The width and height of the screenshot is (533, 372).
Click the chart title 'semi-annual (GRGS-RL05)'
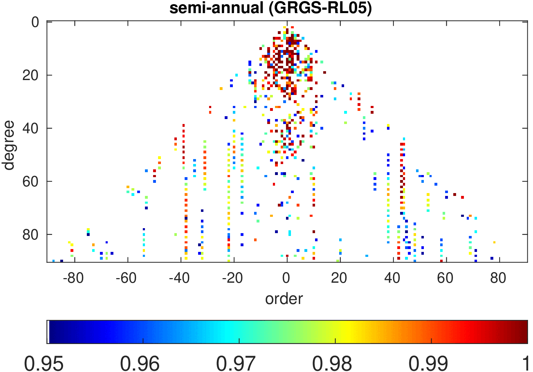(270, 8)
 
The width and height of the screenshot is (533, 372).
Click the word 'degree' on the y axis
(8, 145)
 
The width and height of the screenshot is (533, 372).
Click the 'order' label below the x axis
(284, 299)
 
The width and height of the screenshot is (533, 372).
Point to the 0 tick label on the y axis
(35, 22)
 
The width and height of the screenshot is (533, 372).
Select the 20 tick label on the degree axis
(31, 75)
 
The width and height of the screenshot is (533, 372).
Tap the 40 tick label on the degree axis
(31, 129)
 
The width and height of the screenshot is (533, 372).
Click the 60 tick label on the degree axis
(31, 182)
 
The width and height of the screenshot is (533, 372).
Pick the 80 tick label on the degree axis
(31, 235)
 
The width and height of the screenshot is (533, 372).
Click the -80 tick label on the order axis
(73, 278)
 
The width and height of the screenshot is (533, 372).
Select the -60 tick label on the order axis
(126, 278)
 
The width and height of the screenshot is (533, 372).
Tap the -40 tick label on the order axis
(179, 278)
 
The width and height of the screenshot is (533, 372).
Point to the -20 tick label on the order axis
(232, 278)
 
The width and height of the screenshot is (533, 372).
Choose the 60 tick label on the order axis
(445, 278)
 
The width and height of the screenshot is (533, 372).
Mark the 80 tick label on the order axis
(498, 278)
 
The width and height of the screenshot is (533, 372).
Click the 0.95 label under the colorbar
(44, 363)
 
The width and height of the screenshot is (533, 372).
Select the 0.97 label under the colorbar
(236, 363)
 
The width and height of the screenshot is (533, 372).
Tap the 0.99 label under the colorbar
(428, 363)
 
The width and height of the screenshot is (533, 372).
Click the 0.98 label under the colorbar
(332, 363)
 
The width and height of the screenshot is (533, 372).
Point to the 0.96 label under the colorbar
(140, 363)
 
